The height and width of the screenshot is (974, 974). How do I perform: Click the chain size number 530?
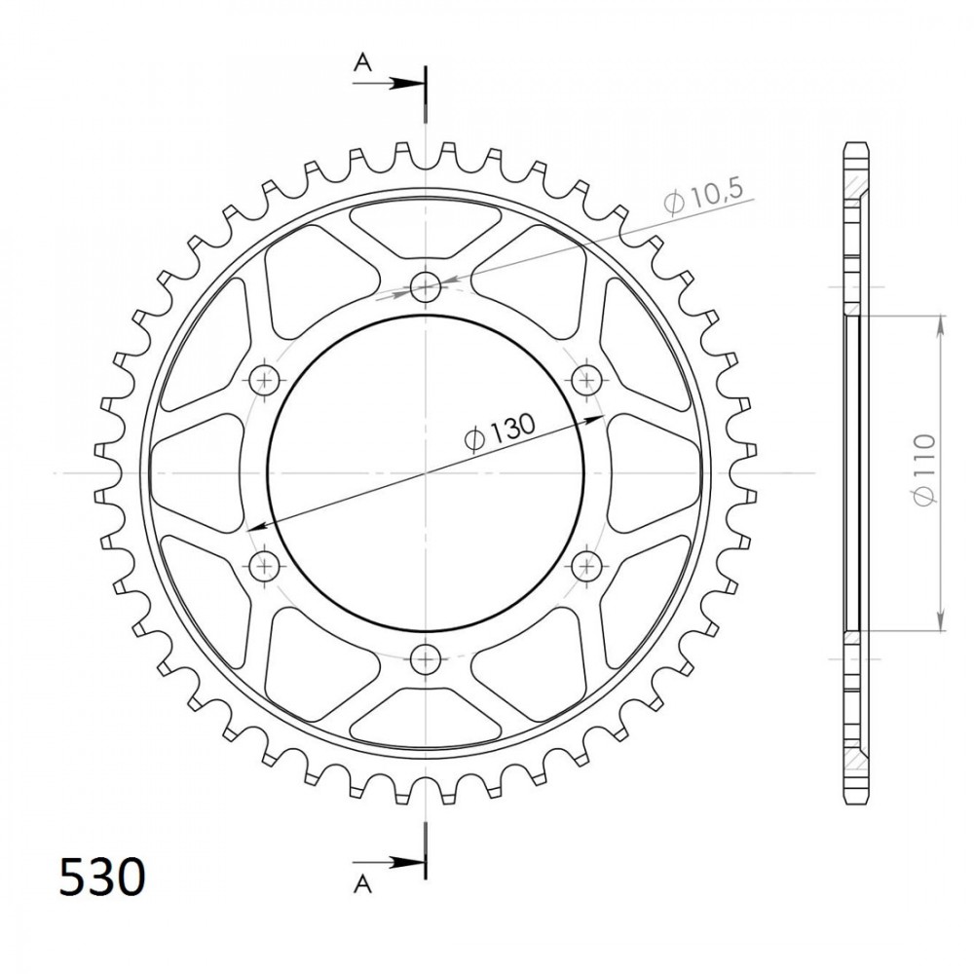[102, 878]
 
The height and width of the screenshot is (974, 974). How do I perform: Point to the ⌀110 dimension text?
[923, 470]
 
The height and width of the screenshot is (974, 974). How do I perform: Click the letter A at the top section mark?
[362, 62]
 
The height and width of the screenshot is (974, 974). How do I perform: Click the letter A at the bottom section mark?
[362, 884]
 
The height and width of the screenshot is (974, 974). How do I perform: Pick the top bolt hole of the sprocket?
[426, 287]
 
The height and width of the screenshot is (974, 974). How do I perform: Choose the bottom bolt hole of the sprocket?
[426, 657]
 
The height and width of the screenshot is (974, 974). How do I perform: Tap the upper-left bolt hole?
[265, 380]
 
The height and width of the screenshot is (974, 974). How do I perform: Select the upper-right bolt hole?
[585, 380]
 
